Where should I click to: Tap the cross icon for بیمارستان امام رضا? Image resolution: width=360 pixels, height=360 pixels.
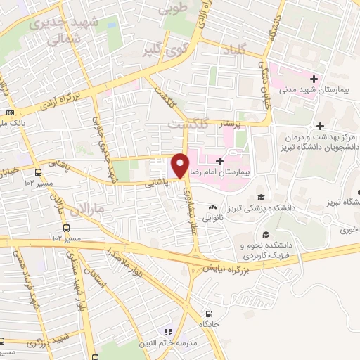click(220, 161)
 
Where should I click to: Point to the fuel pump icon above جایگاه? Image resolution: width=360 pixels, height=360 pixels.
click(207, 313)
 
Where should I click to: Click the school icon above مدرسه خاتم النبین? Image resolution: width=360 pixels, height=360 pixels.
click(168, 331)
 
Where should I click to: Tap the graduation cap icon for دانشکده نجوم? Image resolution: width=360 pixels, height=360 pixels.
click(265, 235)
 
